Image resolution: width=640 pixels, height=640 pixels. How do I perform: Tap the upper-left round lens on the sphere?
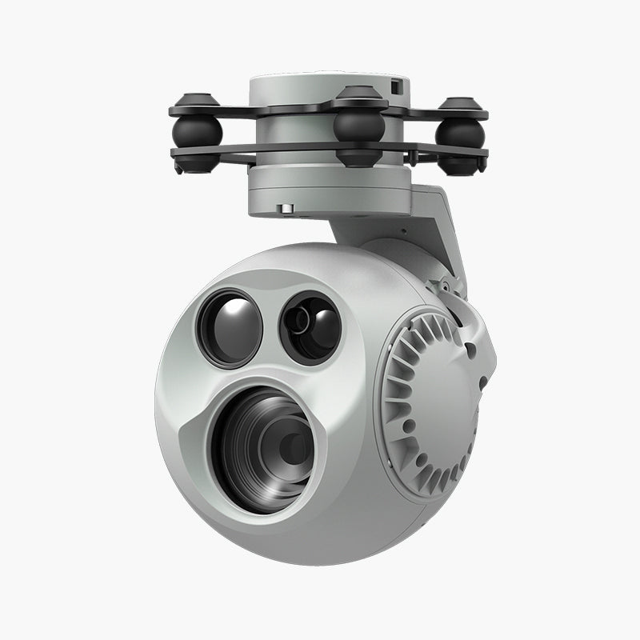click(230, 328)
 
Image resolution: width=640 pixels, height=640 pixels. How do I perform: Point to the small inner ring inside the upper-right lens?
click(302, 322)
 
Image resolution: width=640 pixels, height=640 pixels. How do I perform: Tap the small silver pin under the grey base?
click(285, 210)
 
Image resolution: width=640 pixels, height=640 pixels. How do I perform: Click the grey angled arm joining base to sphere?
click(416, 228)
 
